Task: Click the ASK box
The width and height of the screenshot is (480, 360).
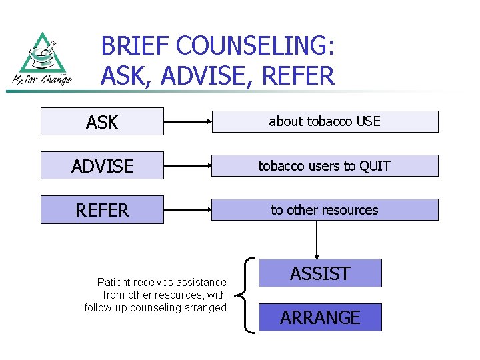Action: (x=102, y=121)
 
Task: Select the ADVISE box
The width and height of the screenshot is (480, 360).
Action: (x=102, y=165)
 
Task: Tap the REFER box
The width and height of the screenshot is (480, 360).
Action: (x=102, y=209)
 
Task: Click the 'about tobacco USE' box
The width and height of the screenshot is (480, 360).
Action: (x=324, y=121)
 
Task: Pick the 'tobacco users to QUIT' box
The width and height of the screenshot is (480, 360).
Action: (x=324, y=165)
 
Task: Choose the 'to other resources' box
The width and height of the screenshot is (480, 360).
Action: (x=324, y=209)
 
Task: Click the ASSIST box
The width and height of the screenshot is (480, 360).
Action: (x=320, y=273)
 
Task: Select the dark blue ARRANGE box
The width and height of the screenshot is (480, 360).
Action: (x=320, y=317)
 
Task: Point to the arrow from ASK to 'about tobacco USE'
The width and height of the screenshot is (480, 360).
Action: (x=187, y=122)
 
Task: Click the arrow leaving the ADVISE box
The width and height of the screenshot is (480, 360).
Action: (x=187, y=166)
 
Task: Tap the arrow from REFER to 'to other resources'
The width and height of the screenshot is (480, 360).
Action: (x=187, y=210)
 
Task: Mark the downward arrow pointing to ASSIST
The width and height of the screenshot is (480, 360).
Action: (x=317, y=239)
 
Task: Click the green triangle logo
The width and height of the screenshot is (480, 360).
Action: (x=41, y=55)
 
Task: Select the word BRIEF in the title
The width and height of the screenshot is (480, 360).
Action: (x=133, y=47)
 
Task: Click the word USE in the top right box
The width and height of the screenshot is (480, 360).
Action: (x=368, y=121)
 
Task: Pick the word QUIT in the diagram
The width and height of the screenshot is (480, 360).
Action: (x=375, y=165)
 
